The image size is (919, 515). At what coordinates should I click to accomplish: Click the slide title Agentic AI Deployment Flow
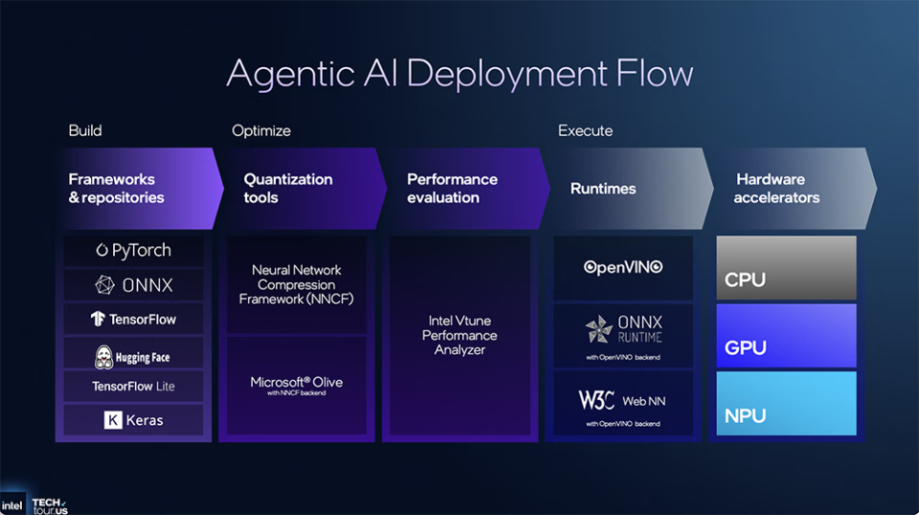tap(459, 75)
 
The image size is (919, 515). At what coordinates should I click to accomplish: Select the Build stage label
tap(85, 130)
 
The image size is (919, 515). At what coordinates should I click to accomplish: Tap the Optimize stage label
tap(261, 130)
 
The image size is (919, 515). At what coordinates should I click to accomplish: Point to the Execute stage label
tap(586, 130)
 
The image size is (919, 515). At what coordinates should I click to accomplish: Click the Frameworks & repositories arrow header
tap(134, 189)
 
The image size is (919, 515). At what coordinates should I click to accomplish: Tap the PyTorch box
tap(134, 251)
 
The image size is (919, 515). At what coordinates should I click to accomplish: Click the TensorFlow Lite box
tap(134, 387)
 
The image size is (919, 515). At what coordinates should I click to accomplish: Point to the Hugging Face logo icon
tap(104, 357)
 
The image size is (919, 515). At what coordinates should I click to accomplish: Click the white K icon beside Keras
tap(113, 420)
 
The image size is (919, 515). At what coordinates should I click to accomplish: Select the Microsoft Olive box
tap(296, 385)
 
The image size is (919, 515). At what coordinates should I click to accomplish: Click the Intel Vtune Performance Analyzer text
tap(460, 336)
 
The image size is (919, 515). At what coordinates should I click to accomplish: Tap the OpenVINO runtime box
tap(623, 267)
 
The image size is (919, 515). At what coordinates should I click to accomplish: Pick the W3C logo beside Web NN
tap(596, 400)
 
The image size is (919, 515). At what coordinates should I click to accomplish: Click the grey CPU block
tap(786, 268)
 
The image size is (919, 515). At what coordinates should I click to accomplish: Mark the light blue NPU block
tap(786, 404)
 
